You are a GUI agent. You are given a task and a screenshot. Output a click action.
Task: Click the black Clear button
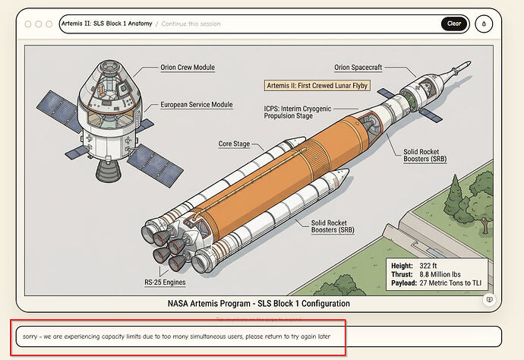coord(453,24)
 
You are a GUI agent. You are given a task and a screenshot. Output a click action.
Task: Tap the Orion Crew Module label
coord(188,68)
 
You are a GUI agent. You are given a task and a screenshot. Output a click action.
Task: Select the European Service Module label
coord(197,105)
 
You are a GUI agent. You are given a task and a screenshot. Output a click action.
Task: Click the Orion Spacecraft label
coord(359,68)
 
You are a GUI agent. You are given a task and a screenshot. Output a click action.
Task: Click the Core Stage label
coord(235,143)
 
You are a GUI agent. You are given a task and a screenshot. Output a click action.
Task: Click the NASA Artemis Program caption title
coord(258,304)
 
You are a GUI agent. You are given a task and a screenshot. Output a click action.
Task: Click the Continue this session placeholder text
coord(191,24)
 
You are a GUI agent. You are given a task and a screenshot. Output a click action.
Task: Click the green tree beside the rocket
coord(459,199)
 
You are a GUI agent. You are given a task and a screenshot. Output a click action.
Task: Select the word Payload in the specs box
coord(402,283)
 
